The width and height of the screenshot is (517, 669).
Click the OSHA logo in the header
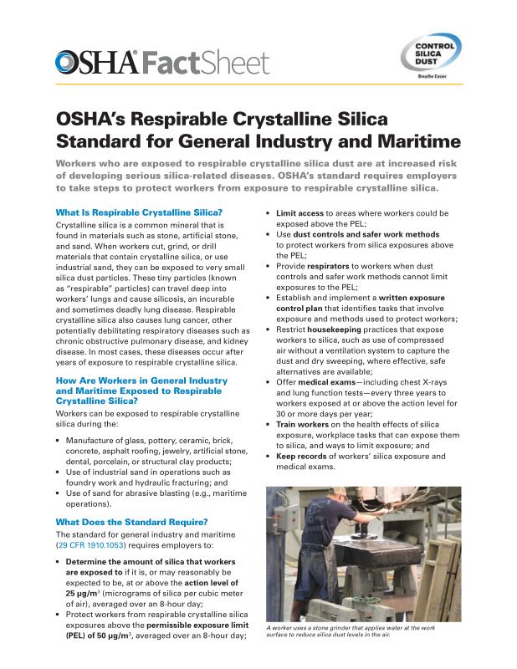click(96, 62)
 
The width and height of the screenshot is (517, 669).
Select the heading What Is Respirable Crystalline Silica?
click(138, 212)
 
